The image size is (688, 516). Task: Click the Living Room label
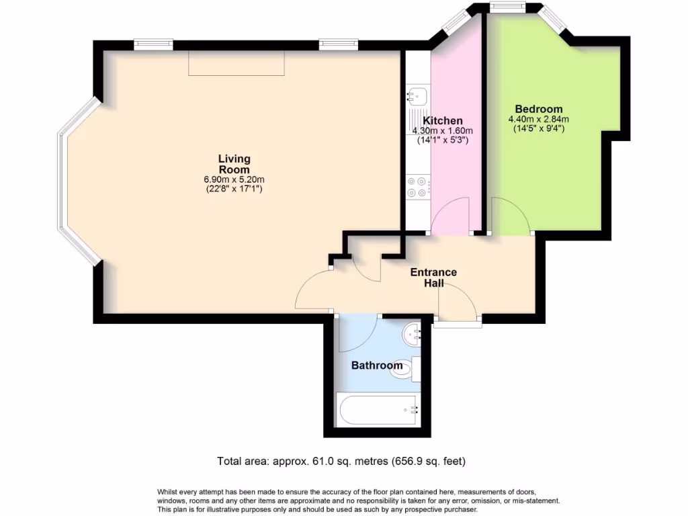tap(234, 164)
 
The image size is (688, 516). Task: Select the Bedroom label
tap(538, 109)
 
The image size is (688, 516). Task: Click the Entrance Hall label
tap(433, 277)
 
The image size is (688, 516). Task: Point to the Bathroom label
tap(377, 365)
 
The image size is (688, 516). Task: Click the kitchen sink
tap(417, 97)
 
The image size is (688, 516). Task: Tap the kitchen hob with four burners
tap(417, 187)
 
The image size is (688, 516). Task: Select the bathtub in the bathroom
tap(378, 408)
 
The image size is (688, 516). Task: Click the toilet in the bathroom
tap(404, 368)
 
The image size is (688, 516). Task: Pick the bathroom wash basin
tap(413, 332)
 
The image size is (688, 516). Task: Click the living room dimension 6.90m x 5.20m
tap(234, 179)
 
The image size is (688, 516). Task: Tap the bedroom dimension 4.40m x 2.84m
tap(538, 119)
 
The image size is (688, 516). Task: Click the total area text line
tap(341, 461)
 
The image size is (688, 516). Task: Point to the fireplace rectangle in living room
tap(236, 62)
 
